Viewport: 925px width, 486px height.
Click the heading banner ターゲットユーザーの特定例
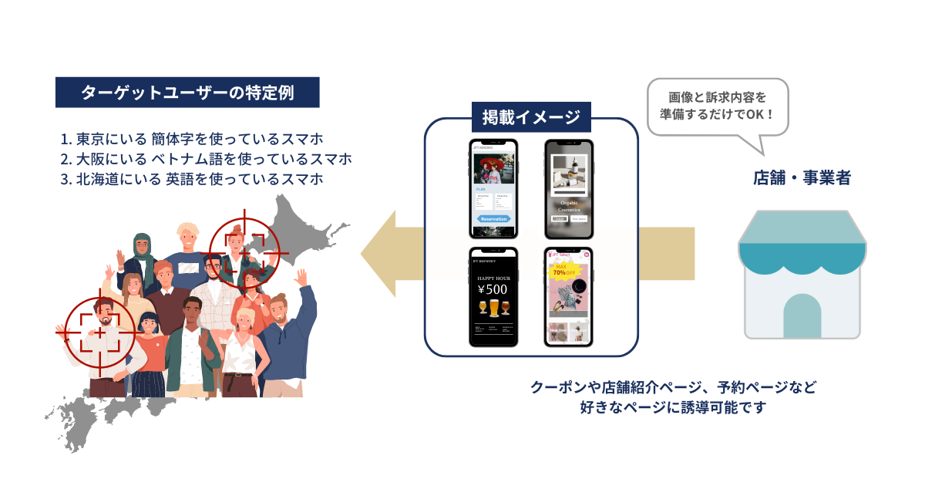click(x=187, y=93)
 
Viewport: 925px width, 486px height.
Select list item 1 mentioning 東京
click(x=191, y=140)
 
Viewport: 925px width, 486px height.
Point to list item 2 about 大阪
click(x=206, y=160)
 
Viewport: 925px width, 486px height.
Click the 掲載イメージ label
click(x=531, y=118)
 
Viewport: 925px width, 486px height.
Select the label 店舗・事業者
click(x=802, y=178)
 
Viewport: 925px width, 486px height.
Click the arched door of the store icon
click(x=802, y=316)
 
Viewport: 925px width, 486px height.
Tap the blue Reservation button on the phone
click(x=493, y=219)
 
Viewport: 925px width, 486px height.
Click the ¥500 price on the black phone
click(x=493, y=290)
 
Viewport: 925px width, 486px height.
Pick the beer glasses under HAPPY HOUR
click(x=493, y=309)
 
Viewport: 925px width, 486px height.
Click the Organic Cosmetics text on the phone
click(x=569, y=206)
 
